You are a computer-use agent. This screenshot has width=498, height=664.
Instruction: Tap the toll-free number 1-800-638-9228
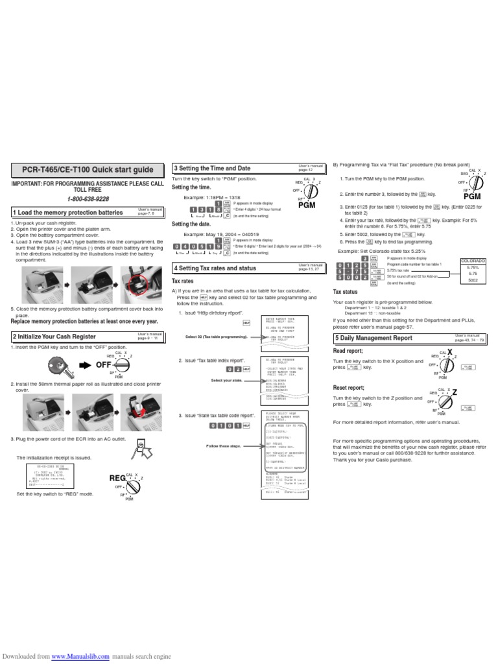(x=89, y=199)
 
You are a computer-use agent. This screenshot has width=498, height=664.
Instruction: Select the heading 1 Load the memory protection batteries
(x=68, y=213)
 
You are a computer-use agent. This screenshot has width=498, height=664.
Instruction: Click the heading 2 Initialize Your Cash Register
(x=54, y=337)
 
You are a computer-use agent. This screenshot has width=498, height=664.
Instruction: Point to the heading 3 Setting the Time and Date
(x=212, y=169)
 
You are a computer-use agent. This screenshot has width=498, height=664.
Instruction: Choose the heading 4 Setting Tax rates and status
(x=215, y=268)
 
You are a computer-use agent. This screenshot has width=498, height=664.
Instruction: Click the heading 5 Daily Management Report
(x=373, y=338)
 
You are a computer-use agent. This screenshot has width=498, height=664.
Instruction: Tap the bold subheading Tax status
(x=345, y=292)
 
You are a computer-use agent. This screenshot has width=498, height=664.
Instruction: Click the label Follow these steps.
(x=223, y=446)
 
